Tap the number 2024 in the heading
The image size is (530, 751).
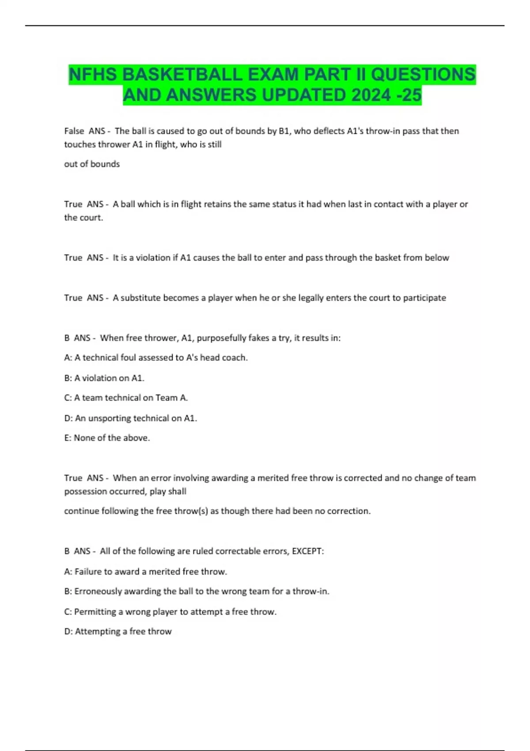[371, 95]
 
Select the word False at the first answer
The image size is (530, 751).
[74, 131]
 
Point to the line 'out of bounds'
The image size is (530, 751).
[92, 164]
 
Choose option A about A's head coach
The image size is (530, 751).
[156, 357]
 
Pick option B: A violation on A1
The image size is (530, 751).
[104, 378]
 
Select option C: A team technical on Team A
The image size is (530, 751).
[126, 398]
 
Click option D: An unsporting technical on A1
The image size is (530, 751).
[131, 418]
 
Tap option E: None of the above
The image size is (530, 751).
[107, 438]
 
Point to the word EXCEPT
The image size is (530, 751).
[307, 551]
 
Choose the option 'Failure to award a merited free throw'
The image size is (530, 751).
[146, 572]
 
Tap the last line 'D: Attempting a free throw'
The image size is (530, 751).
[118, 631]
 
